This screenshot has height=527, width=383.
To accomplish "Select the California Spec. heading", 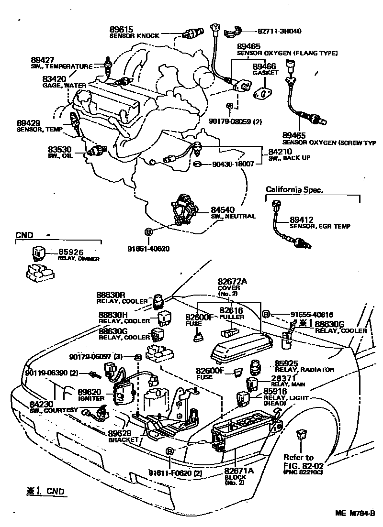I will pos(295,190).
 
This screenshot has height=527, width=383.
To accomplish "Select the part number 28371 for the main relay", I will pos(284,378).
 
